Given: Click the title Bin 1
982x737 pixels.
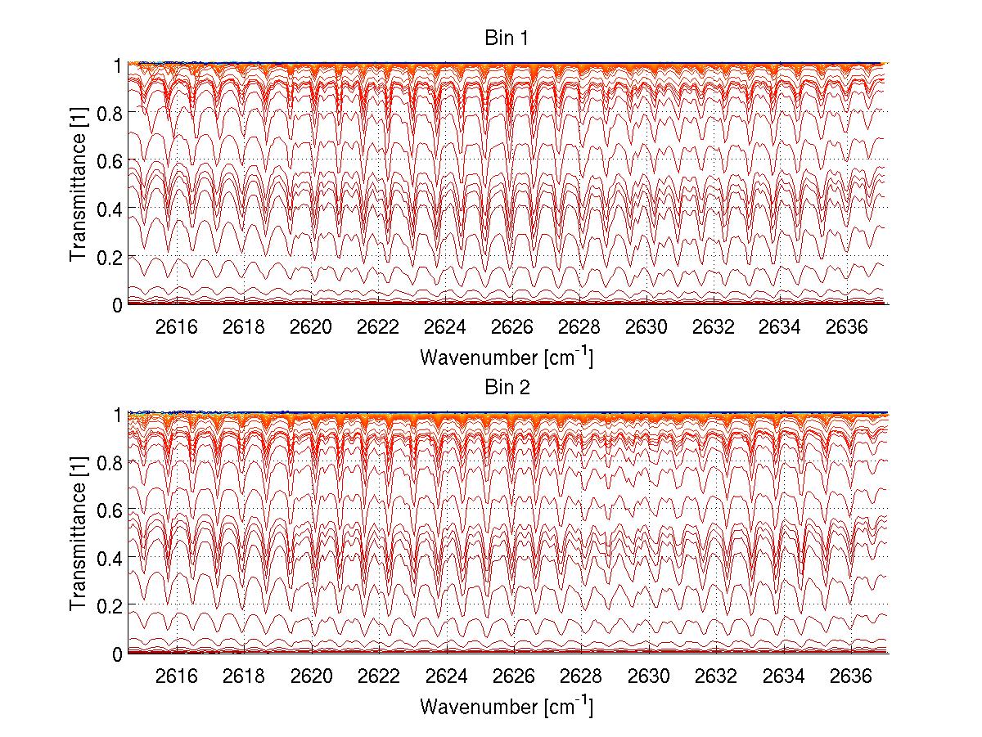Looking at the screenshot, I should (x=507, y=38).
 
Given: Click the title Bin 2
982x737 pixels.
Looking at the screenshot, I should (x=507, y=388).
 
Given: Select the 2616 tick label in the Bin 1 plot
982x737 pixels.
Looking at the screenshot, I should (x=177, y=327).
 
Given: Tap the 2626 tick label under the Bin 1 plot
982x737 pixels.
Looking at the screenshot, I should (x=512, y=327).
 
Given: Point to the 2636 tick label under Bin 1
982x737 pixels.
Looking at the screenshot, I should (x=847, y=327).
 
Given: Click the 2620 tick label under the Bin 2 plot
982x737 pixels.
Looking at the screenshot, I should (x=311, y=676).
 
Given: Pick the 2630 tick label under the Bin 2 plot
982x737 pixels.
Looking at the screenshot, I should (x=646, y=676).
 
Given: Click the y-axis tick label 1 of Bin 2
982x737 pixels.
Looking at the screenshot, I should (x=117, y=415).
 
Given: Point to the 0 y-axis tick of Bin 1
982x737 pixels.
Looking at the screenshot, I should (x=117, y=305).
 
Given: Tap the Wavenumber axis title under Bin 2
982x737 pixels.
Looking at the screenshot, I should (x=507, y=705).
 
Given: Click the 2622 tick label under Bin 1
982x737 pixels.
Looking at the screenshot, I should (x=378, y=327).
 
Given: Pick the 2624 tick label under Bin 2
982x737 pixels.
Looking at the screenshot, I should (x=445, y=676).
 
